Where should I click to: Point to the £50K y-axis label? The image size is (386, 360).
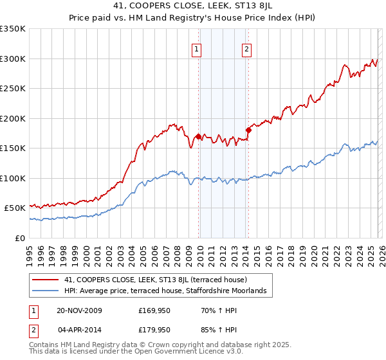[15, 208]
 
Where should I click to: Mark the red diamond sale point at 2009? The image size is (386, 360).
[198, 136]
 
